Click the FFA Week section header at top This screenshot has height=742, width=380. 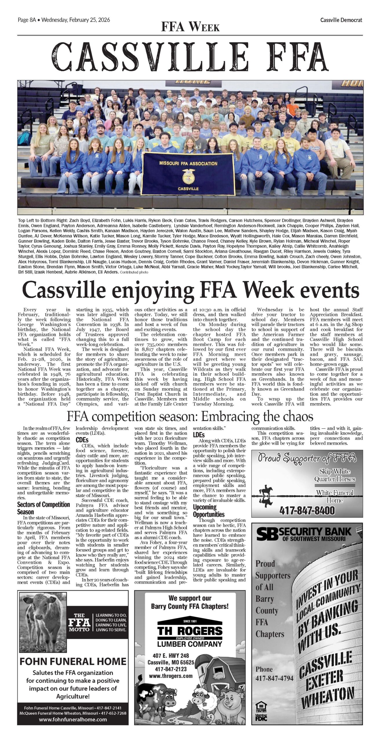tap(190, 27)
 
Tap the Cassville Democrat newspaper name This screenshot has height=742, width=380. tap(341, 20)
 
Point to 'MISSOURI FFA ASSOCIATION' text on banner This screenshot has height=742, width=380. tap(188, 163)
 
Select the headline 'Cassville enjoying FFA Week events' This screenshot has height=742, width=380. tap(190, 290)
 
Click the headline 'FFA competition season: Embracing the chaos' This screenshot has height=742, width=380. tap(190, 417)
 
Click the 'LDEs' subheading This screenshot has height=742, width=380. tap(199, 435)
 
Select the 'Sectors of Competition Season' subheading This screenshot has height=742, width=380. tap(43, 508)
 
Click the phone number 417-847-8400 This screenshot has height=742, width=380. tap(307, 510)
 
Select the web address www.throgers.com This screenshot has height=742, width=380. tap(171, 676)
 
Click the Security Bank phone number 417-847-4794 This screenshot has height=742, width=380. tap(274, 678)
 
